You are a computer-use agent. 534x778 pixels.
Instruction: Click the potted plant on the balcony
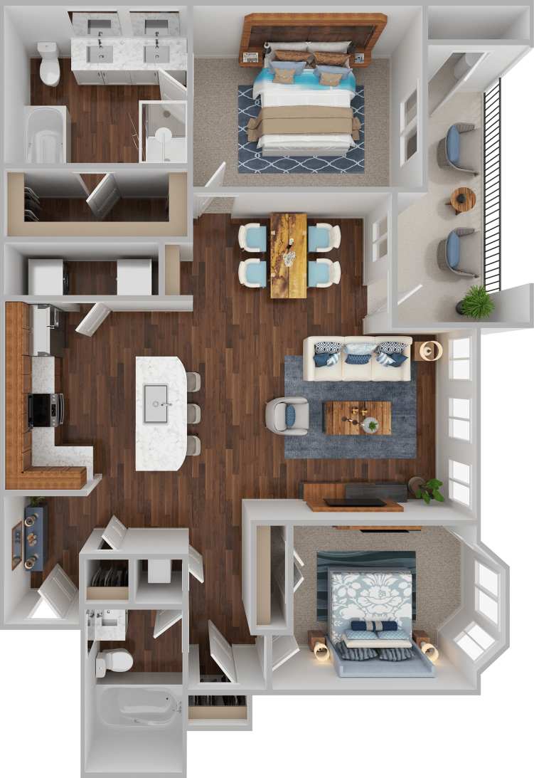click(476, 302)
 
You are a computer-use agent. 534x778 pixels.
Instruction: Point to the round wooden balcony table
click(462, 199)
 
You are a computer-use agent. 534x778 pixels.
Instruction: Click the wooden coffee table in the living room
click(357, 418)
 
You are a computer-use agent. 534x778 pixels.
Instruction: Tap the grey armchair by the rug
click(287, 416)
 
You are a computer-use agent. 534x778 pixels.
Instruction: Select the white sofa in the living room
click(357, 358)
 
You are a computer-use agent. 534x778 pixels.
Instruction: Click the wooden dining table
click(288, 255)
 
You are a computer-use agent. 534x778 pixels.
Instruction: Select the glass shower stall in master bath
click(163, 132)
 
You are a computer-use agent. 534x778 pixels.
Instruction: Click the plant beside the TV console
click(429, 489)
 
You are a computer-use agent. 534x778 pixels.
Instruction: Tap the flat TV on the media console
click(356, 503)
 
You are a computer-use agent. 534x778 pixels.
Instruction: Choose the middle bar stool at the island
click(193, 414)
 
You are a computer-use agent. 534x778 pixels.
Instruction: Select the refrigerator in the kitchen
click(43, 330)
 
